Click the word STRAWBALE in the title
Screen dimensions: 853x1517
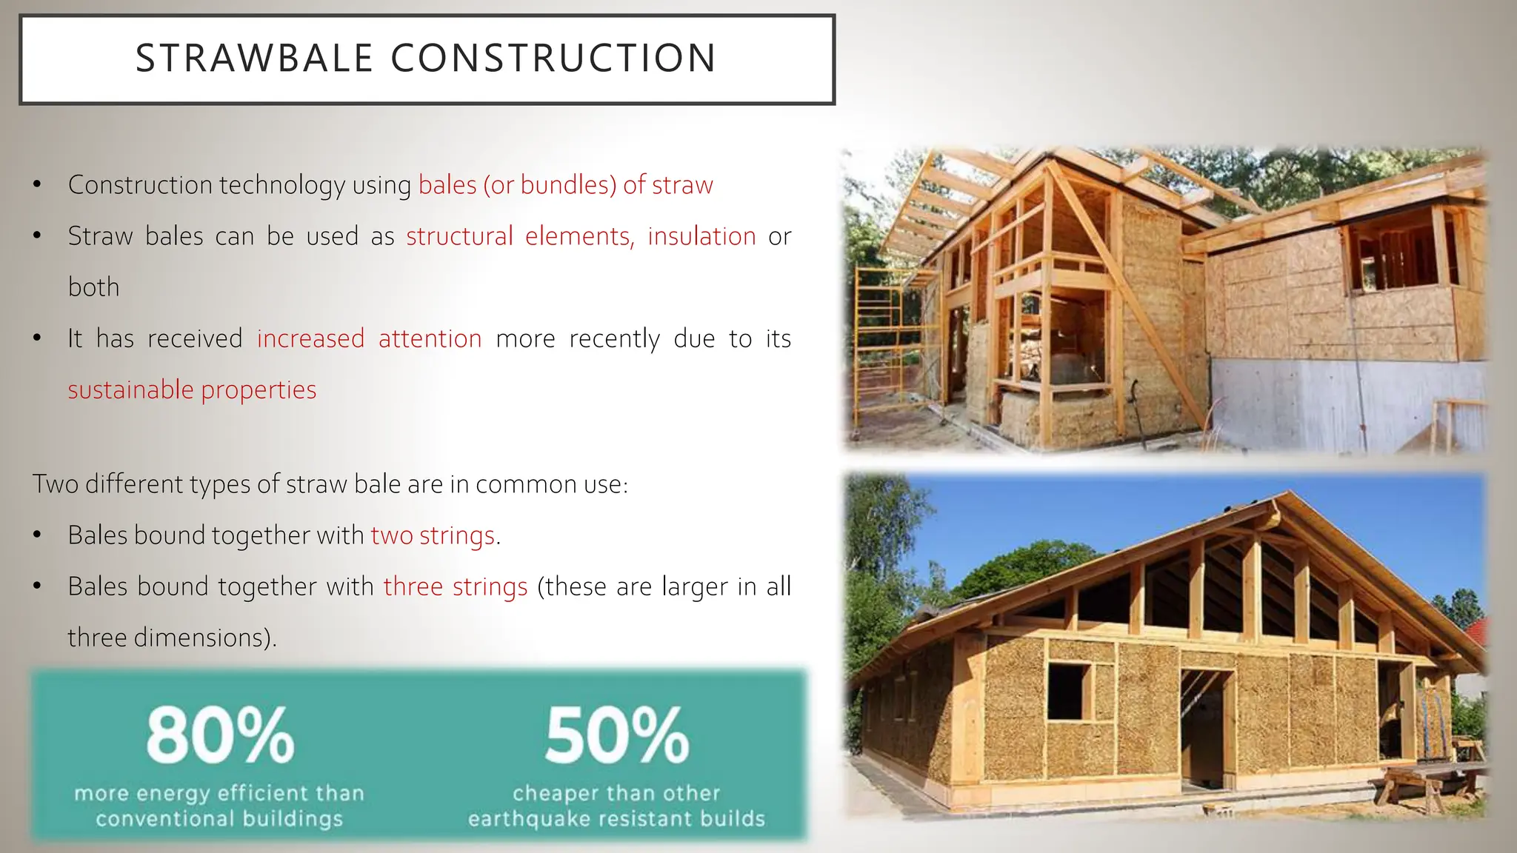(x=254, y=58)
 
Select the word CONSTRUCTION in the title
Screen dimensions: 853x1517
(x=553, y=58)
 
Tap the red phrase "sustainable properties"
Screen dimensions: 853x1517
(x=192, y=389)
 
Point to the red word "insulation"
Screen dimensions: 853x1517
(x=701, y=236)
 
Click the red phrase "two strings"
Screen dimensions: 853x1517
(x=433, y=535)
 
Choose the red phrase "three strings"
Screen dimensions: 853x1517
(x=456, y=586)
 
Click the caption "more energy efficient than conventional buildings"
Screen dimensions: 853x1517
(x=219, y=806)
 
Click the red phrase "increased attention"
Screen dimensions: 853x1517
(x=369, y=338)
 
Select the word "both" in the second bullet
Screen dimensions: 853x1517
(x=93, y=287)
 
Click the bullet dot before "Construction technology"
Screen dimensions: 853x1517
(x=37, y=185)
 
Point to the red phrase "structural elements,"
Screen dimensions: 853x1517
(x=520, y=236)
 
